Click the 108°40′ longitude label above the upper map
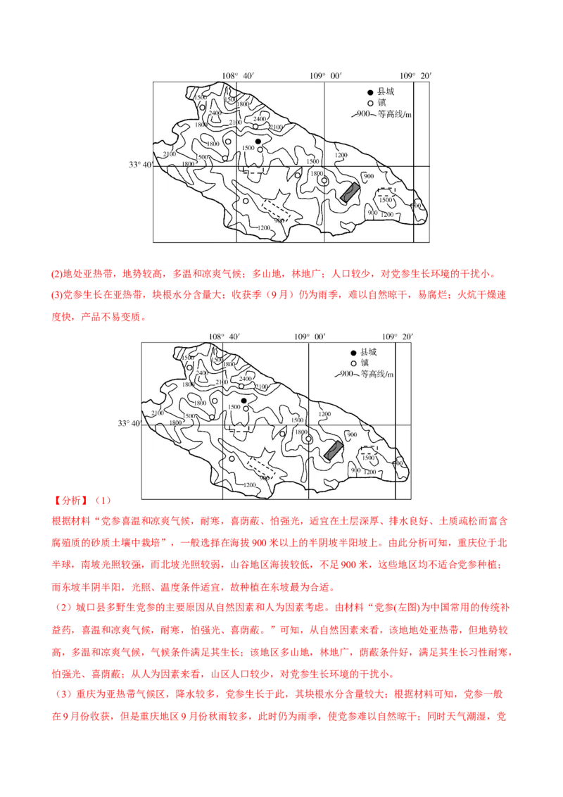(237, 75)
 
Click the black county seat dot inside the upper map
(258, 142)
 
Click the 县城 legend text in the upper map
(386, 92)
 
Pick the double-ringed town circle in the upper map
(324, 180)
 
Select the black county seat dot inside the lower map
(243, 401)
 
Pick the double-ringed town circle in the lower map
(308, 439)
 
